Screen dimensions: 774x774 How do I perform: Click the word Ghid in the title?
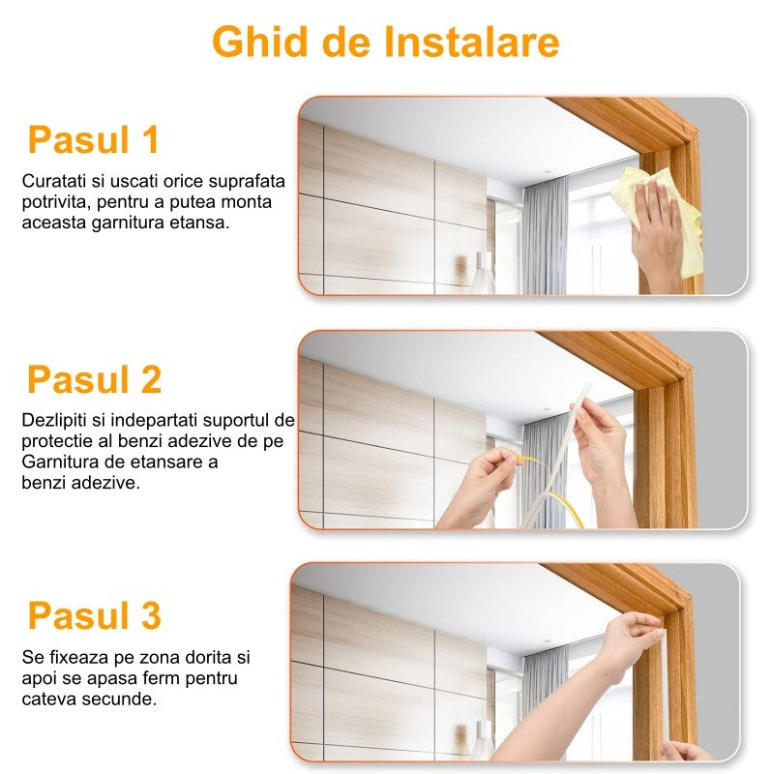tap(260, 42)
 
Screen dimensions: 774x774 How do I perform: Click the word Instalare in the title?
tap(471, 42)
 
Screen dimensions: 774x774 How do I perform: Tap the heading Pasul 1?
tap(93, 139)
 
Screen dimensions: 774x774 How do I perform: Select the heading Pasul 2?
tap(94, 379)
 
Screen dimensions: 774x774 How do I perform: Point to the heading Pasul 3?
tap(94, 615)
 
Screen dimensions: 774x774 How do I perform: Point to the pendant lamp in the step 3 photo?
tap(483, 740)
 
